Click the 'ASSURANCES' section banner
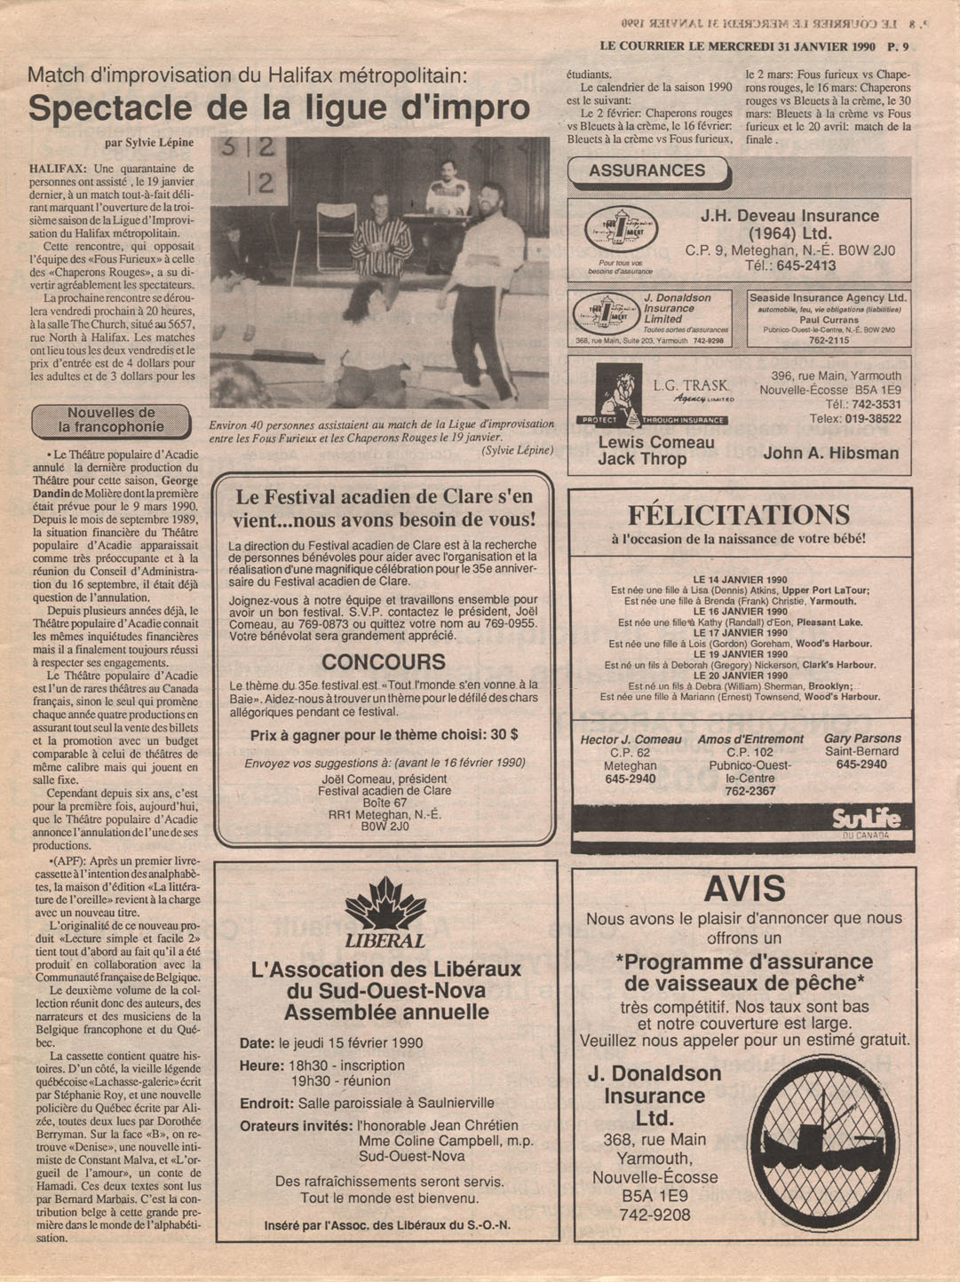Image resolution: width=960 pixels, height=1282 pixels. point(647,171)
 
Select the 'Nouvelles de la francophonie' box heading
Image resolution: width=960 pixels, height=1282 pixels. point(111,420)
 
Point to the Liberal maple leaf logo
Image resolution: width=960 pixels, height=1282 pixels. point(385,906)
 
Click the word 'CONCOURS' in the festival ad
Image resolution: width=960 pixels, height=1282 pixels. point(384,662)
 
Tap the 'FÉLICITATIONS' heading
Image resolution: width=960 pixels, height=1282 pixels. point(739,515)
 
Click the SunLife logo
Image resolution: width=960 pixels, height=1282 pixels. point(866,819)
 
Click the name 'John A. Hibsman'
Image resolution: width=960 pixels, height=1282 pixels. point(830,453)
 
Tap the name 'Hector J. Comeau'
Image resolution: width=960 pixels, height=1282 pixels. point(631,740)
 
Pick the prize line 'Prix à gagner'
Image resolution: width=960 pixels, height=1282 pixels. point(384,735)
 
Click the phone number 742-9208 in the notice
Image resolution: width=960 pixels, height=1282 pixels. point(655,1215)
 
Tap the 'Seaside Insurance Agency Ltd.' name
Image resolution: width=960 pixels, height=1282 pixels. point(828,298)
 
